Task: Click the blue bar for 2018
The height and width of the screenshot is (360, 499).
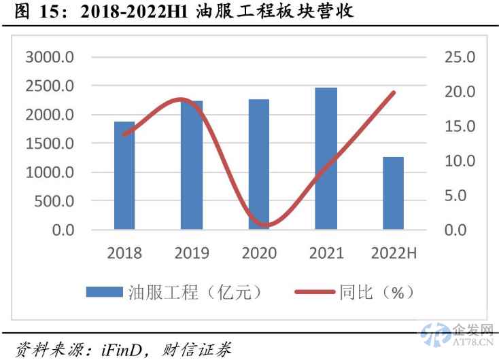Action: click(124, 175)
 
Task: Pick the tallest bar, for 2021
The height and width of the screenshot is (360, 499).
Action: click(326, 158)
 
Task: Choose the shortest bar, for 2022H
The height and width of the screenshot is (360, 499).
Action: click(393, 193)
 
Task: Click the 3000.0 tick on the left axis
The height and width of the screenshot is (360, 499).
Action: click(50, 57)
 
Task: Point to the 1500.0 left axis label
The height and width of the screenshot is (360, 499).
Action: click(50, 143)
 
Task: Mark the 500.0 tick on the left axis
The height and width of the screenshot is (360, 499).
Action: click(54, 201)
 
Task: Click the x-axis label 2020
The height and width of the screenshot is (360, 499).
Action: click(258, 253)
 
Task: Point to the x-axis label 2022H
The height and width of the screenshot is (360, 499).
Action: click(394, 253)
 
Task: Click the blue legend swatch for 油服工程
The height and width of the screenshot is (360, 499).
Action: click(105, 292)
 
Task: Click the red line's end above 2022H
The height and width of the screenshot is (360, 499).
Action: click(393, 92)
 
